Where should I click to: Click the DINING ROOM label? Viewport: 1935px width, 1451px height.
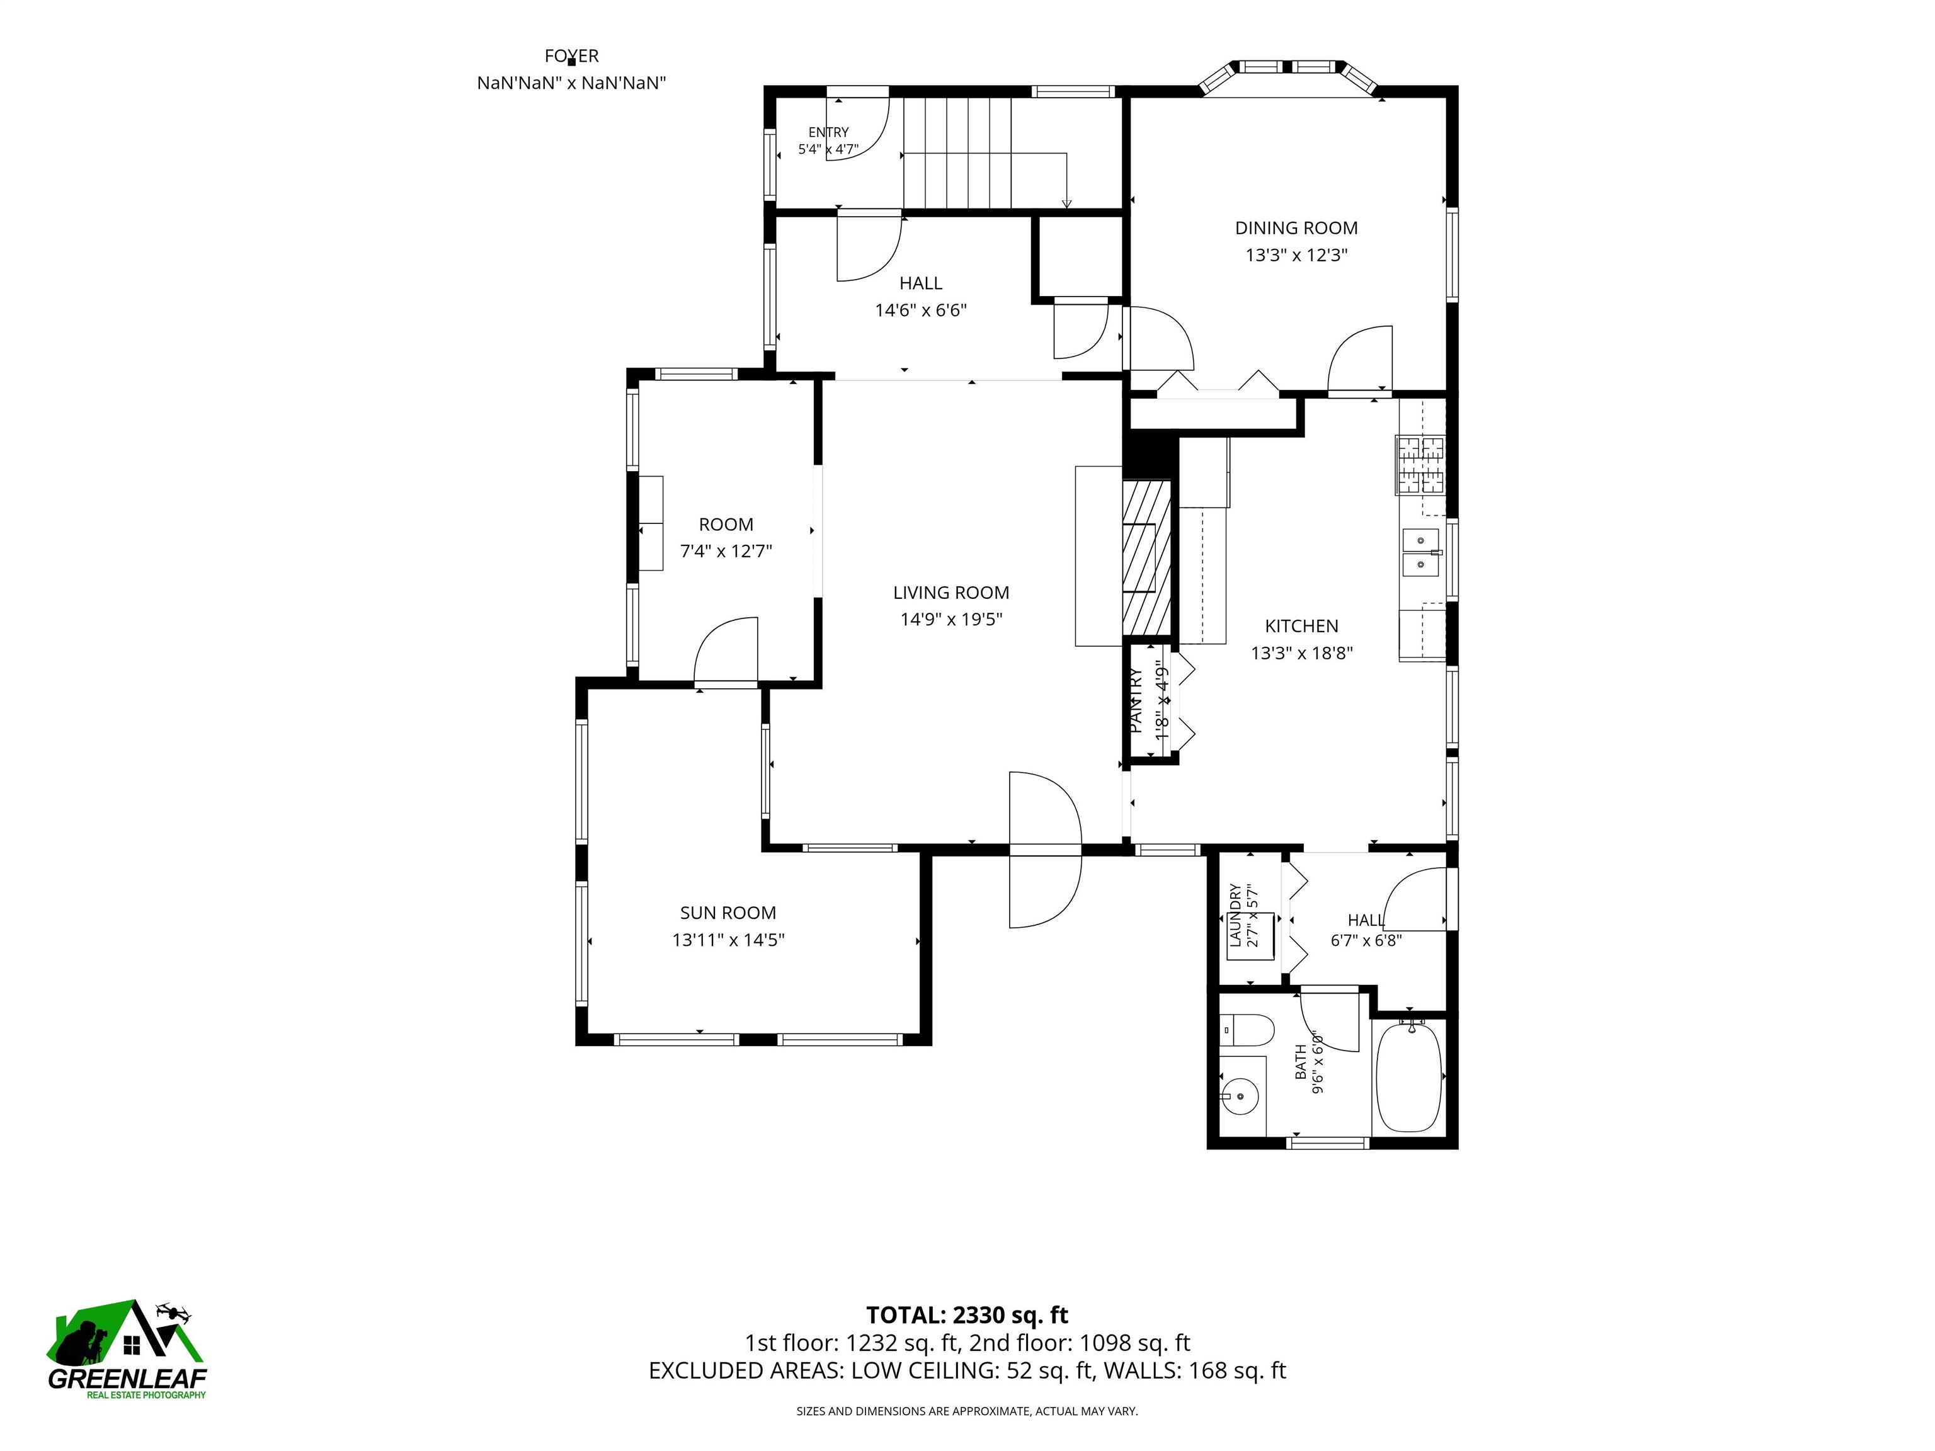[1296, 228]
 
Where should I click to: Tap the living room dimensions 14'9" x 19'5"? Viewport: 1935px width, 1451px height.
[951, 619]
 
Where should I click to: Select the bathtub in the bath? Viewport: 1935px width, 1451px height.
[1408, 1078]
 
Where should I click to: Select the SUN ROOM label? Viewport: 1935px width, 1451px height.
[728, 913]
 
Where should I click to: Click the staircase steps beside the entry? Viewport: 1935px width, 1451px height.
[956, 152]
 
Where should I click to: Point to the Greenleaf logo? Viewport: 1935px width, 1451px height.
[127, 1349]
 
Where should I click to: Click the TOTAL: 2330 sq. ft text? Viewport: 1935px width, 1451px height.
[967, 1316]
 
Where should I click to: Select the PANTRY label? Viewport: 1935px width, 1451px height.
[1136, 700]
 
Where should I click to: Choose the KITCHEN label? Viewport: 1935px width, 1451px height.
[1302, 626]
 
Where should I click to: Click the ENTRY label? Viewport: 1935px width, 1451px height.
[828, 132]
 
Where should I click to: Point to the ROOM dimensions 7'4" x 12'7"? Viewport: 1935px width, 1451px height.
[726, 552]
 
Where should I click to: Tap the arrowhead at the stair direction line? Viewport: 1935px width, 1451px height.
[1066, 205]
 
